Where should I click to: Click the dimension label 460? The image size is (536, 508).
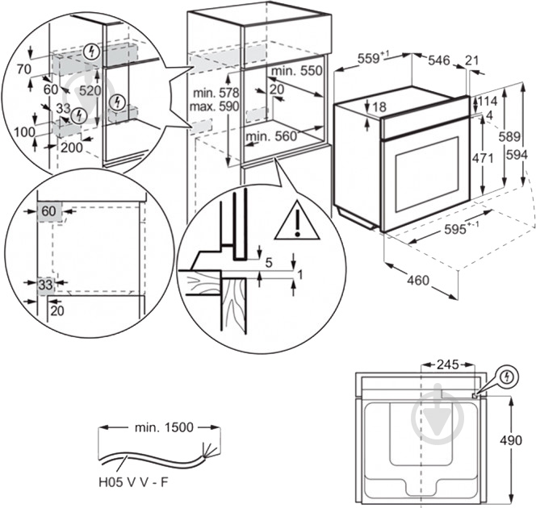point(418,281)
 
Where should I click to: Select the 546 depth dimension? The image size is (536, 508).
point(439,60)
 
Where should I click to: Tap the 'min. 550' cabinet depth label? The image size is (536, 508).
point(300,71)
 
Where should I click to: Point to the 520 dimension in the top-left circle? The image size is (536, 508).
point(90,91)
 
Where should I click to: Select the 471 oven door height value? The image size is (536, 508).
point(482,159)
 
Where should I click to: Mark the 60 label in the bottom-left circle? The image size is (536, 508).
point(48,211)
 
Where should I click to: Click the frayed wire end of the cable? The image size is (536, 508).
point(212,449)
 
